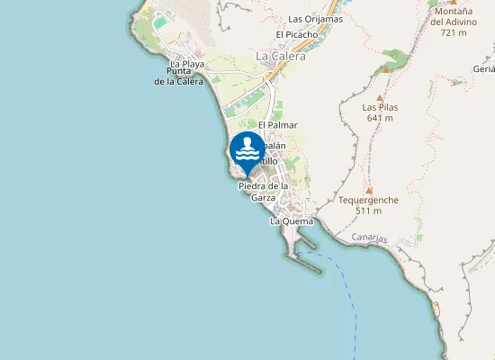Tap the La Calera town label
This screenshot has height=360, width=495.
(x=281, y=56)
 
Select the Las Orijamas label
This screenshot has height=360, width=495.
(x=315, y=19)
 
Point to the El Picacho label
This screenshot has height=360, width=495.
(x=297, y=35)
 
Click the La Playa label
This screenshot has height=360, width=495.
(x=187, y=65)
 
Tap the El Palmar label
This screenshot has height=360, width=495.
(x=277, y=125)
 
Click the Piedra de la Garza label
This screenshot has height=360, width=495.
(x=263, y=192)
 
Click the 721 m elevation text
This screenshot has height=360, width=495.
(x=454, y=32)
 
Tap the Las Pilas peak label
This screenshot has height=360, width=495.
(x=381, y=106)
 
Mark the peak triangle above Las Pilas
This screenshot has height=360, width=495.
(x=380, y=94)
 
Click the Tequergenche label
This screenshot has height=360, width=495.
(x=368, y=199)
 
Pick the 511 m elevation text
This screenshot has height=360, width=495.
(x=368, y=211)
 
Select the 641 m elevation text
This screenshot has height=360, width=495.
(x=381, y=118)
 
